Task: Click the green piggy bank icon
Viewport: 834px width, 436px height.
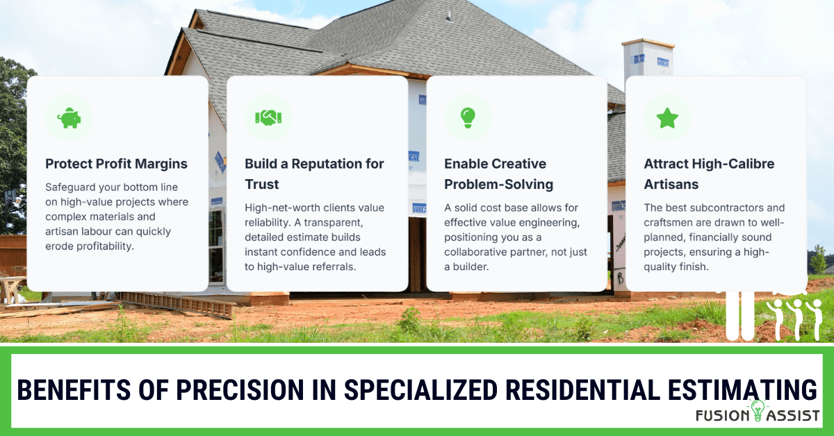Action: (x=69, y=118)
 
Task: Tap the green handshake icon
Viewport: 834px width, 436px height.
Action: (x=268, y=117)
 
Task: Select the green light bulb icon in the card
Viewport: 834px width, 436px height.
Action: (x=468, y=118)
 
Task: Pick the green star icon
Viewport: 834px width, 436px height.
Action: (x=667, y=118)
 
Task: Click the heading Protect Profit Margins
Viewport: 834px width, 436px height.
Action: (x=116, y=164)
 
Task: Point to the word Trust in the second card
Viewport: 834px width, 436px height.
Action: (x=262, y=184)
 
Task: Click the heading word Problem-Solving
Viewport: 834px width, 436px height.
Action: (x=498, y=185)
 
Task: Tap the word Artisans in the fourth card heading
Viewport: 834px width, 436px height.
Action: (x=671, y=184)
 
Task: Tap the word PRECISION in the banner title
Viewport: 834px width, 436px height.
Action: (x=240, y=390)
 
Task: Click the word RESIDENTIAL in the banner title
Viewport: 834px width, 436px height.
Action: (x=583, y=390)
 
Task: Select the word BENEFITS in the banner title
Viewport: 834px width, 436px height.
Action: (x=74, y=390)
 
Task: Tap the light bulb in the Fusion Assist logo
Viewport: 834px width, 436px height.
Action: (x=758, y=410)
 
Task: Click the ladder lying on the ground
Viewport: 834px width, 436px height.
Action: (x=175, y=304)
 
